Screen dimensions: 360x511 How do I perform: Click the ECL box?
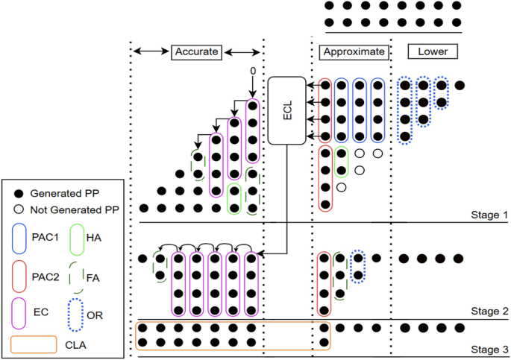(x=287, y=110)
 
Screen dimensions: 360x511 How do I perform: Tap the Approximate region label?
(x=354, y=51)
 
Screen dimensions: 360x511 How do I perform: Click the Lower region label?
(x=433, y=51)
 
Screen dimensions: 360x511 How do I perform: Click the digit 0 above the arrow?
(x=253, y=71)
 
